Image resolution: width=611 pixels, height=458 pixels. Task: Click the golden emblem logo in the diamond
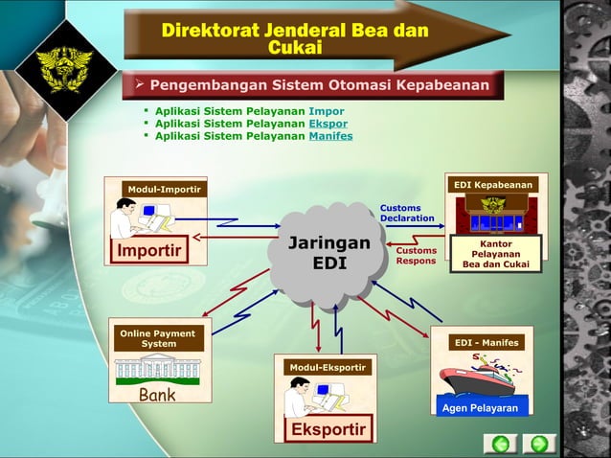click(x=64, y=65)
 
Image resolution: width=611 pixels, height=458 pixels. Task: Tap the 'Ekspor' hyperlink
click(x=328, y=124)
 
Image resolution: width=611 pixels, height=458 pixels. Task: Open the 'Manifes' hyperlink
click(x=330, y=136)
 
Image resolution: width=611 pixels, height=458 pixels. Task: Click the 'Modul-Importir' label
click(x=164, y=190)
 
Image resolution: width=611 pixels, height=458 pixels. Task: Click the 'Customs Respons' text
click(x=416, y=255)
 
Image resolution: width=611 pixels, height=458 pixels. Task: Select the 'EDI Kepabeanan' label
click(x=494, y=184)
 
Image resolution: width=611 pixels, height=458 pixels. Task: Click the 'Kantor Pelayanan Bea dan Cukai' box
click(x=496, y=254)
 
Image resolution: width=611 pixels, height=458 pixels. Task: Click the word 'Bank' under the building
click(x=157, y=395)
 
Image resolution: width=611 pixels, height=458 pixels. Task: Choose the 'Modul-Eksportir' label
click(x=327, y=367)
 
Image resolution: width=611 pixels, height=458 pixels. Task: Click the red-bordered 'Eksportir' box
click(x=328, y=428)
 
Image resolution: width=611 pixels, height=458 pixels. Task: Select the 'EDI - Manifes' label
click(x=487, y=342)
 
